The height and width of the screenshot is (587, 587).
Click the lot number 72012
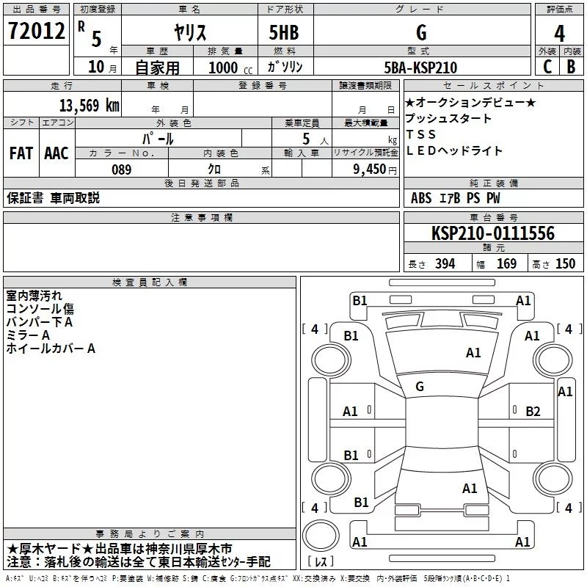(36, 31)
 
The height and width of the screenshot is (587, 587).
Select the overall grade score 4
(559, 33)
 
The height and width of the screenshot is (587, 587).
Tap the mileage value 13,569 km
(89, 105)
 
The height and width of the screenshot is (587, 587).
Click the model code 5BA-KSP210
(420, 68)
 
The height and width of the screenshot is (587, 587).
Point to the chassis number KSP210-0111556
(493, 233)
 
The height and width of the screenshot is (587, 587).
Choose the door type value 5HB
(284, 32)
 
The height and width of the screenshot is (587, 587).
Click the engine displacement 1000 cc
(230, 68)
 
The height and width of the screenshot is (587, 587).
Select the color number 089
(122, 169)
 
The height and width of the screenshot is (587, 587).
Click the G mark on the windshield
(420, 387)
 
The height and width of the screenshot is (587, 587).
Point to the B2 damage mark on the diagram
(533, 412)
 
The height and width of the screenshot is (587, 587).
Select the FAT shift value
(21, 153)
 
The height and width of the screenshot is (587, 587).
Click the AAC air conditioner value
(56, 153)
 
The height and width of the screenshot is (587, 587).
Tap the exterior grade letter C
(547, 67)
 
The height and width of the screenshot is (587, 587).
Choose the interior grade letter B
(571, 67)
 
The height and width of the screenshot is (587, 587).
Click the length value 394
(445, 263)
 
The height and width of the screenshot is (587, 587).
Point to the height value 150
(565, 263)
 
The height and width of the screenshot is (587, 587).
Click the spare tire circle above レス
(321, 535)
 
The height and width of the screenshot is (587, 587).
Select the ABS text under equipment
(421, 198)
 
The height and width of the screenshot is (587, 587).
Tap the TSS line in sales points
(421, 134)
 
